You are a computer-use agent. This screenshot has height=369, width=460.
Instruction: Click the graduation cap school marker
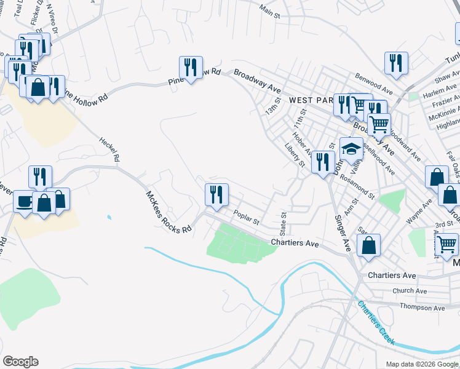(351, 149)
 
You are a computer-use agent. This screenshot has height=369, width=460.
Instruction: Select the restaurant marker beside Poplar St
(216, 194)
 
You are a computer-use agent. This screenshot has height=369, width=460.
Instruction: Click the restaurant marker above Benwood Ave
(397, 63)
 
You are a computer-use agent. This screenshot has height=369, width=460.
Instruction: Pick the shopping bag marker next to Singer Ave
(368, 245)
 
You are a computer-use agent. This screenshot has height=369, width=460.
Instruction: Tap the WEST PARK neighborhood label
(310, 100)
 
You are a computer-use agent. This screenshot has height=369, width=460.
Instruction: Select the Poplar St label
(247, 216)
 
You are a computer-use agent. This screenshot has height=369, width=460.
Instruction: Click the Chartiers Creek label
(376, 323)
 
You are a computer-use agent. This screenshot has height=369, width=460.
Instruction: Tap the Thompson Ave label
(422, 307)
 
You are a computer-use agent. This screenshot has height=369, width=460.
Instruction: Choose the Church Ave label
(410, 291)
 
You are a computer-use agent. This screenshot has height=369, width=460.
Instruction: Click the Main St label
(274, 10)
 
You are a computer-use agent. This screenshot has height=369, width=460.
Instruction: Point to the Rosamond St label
(357, 186)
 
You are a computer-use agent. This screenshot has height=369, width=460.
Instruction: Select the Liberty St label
(295, 155)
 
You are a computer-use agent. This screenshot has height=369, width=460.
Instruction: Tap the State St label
(284, 224)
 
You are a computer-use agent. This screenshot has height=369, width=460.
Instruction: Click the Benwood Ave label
(374, 82)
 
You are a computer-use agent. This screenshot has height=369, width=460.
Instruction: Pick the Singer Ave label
(343, 232)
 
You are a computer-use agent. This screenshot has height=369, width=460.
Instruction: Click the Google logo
(20, 362)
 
